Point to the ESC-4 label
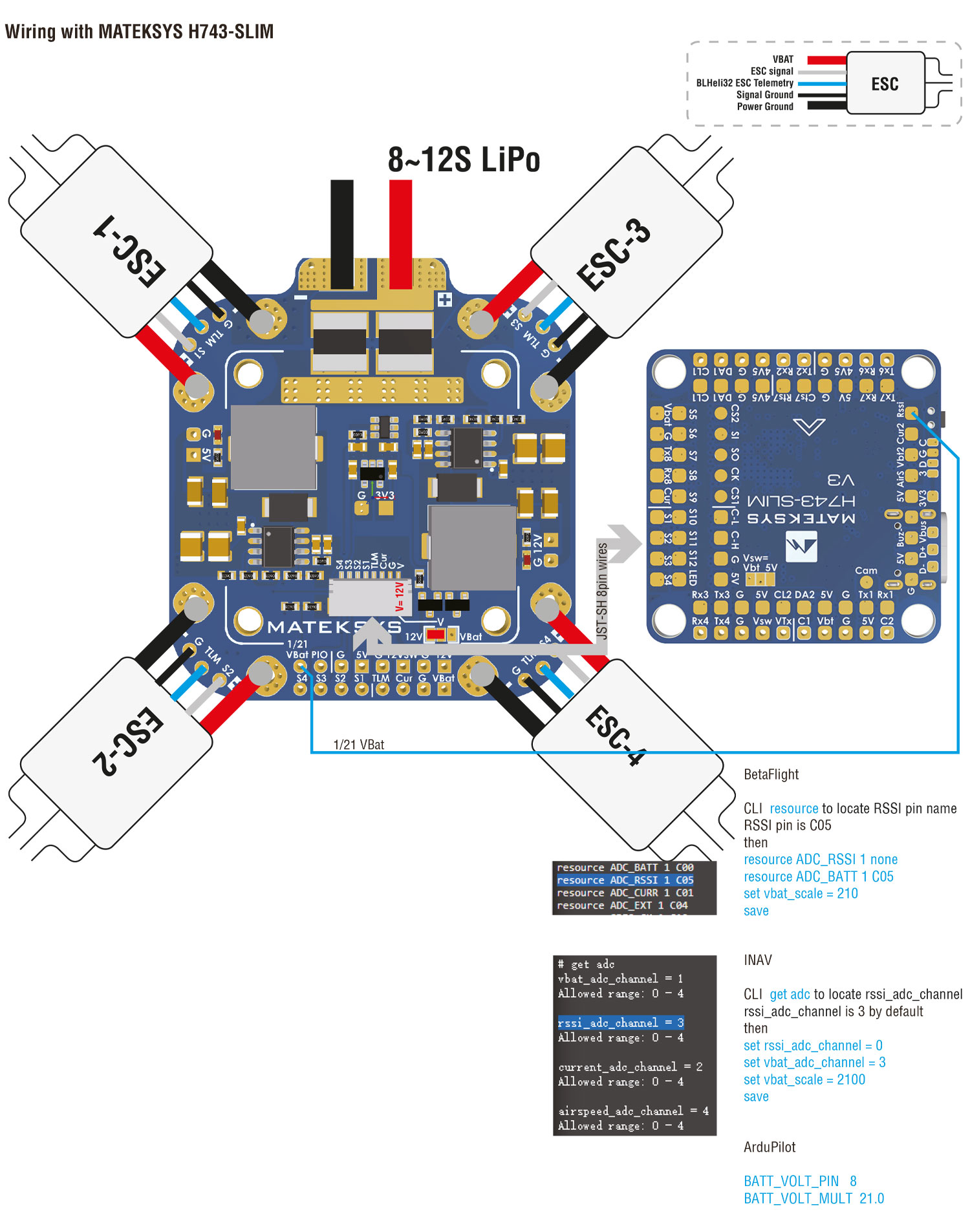coord(615,735)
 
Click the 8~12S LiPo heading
coord(464,160)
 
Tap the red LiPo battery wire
coord(400,233)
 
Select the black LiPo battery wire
coord(341,233)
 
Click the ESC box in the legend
coord(885,84)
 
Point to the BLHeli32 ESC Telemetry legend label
coord(744,83)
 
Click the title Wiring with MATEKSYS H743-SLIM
coord(139,31)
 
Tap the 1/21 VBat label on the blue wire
coord(359,745)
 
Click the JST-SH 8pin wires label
coord(602,591)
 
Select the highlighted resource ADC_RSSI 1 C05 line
coord(625,880)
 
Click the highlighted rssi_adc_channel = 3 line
coord(621,1023)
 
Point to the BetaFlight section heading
coord(771,774)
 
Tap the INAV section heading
coord(757,960)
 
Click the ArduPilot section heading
coord(770,1147)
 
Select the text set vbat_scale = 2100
coord(804,1079)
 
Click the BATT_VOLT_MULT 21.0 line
coord(814,1198)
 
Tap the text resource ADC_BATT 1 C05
coord(818,876)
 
